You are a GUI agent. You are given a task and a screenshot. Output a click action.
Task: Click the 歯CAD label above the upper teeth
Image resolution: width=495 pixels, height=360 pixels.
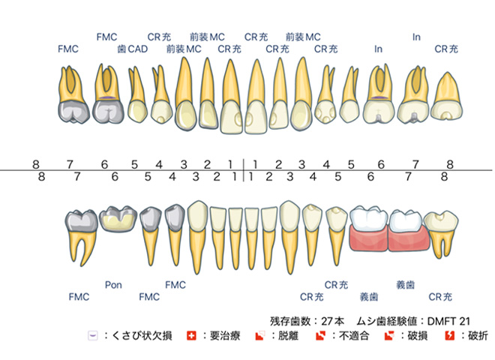[x=133, y=49]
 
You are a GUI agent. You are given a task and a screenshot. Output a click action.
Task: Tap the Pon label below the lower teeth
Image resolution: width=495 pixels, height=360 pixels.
[x=113, y=285]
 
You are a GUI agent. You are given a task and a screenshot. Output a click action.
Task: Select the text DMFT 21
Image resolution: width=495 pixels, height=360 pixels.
[x=448, y=321]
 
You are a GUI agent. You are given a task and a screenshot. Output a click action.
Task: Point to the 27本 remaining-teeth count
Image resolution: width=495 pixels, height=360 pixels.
[x=332, y=321]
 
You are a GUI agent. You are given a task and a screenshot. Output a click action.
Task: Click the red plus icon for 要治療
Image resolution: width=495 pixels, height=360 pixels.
[x=191, y=335]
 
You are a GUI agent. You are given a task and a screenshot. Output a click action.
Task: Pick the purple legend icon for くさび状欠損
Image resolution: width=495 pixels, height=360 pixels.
[x=93, y=335]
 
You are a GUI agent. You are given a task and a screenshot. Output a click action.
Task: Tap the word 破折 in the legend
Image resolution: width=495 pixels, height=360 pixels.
[x=478, y=335]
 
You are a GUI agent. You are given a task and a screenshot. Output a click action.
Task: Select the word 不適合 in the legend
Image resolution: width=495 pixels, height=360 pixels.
[x=354, y=335]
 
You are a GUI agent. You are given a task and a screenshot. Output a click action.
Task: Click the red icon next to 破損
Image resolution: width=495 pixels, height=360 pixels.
[x=389, y=335]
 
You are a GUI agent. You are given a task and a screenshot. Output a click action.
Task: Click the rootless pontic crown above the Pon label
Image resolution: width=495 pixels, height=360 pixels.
[x=118, y=219]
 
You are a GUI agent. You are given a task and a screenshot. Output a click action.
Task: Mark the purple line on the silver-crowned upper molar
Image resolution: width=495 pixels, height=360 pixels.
[x=106, y=98]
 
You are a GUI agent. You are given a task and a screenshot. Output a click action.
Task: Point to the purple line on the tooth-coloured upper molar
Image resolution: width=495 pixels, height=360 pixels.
[x=379, y=98]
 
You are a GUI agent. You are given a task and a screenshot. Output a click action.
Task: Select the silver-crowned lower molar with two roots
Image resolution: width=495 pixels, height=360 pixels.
[x=82, y=237]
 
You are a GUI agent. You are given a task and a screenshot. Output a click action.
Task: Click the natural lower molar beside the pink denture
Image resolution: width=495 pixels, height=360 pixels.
[x=441, y=234]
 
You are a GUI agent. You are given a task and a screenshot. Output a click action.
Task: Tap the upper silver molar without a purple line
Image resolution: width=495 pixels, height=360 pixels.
[x=73, y=94]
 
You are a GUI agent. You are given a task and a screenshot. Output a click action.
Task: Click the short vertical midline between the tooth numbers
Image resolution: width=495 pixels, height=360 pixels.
[x=244, y=170]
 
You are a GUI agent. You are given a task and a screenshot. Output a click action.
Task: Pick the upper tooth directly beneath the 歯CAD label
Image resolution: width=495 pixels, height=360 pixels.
[x=137, y=94]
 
